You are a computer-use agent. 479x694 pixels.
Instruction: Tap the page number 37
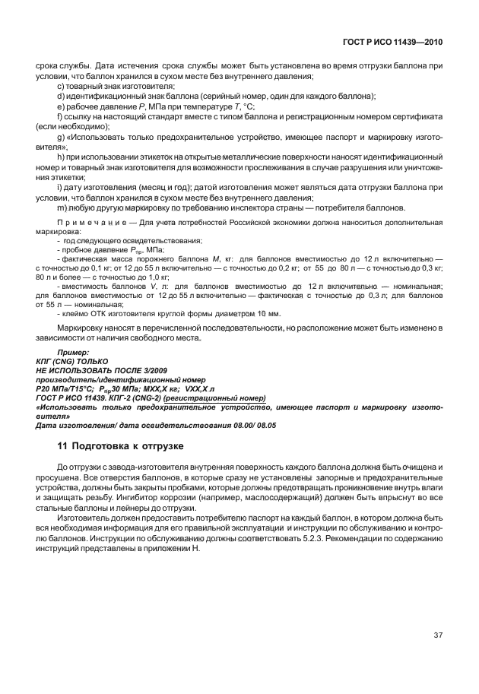[437, 635]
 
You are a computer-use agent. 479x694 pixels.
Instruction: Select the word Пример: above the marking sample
[73, 352]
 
